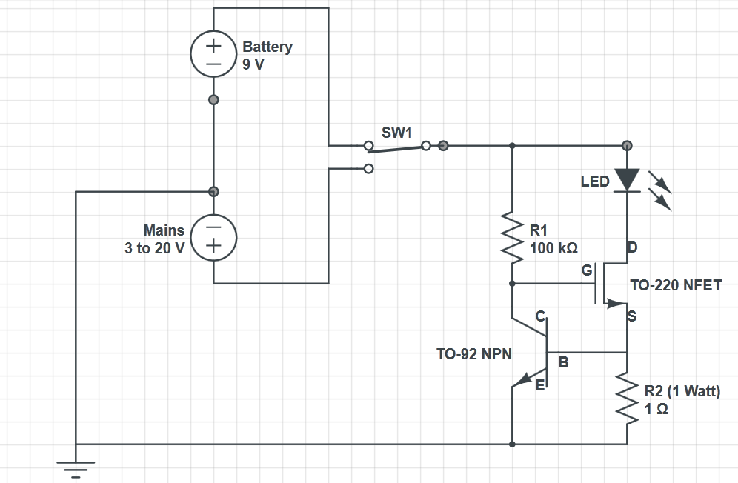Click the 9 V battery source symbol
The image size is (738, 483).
click(x=213, y=54)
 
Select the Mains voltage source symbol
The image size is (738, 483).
click(x=213, y=237)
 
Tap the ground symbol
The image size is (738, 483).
click(x=76, y=467)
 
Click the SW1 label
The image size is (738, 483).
click(x=396, y=133)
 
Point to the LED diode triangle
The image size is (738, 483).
click(x=627, y=179)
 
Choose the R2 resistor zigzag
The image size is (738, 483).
click(x=627, y=399)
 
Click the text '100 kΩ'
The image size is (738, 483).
click(x=553, y=247)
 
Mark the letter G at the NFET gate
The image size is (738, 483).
click(x=587, y=270)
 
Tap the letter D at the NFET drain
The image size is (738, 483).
click(x=632, y=247)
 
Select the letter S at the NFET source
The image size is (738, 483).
click(x=632, y=316)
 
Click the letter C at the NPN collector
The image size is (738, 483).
click(x=540, y=316)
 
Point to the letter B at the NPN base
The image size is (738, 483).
click(x=563, y=362)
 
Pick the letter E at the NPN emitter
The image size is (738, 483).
click(x=540, y=384)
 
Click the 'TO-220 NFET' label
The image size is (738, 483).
click(x=675, y=285)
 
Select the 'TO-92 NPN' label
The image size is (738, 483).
click(x=474, y=354)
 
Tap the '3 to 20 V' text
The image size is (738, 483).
click(x=154, y=248)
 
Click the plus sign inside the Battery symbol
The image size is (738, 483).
click(x=213, y=46)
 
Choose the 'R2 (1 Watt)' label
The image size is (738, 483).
click(x=682, y=391)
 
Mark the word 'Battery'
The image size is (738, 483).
click(x=267, y=47)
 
